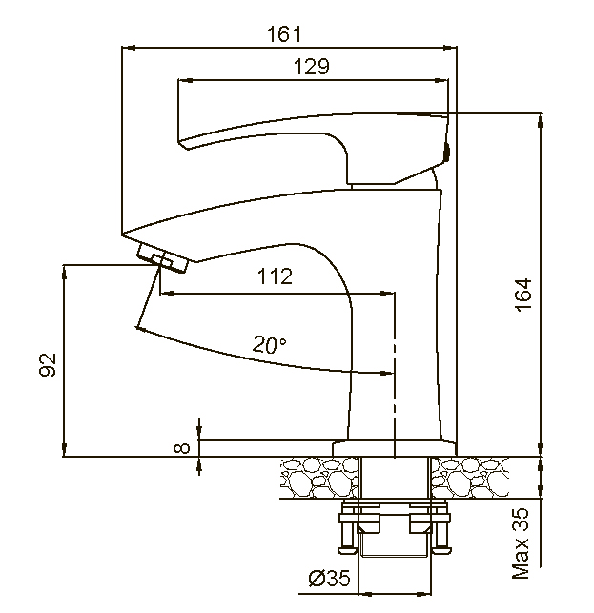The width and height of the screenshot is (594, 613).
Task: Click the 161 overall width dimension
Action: [285, 34]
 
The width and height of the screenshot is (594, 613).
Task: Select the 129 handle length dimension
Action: [311, 67]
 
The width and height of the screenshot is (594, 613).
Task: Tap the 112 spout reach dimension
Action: [275, 276]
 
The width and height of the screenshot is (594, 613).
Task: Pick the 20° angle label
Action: [270, 344]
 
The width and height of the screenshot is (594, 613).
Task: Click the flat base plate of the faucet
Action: [393, 448]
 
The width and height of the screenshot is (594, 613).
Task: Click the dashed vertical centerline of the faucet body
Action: [393, 381]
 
